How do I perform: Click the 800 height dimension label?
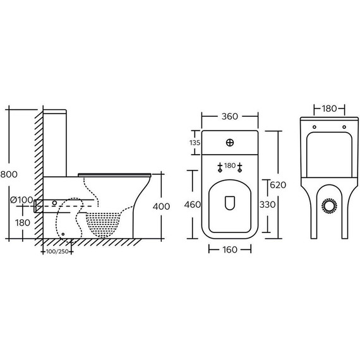click(x=9, y=174)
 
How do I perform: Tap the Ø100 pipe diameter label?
click(x=21, y=200)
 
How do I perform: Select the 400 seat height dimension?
click(x=162, y=207)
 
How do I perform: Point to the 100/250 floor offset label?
click(x=57, y=251)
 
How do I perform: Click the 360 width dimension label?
click(x=230, y=116)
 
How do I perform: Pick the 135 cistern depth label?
click(x=195, y=143)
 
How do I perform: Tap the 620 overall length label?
click(x=278, y=185)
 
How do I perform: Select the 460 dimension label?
click(x=193, y=205)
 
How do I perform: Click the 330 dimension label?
click(x=268, y=205)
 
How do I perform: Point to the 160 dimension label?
click(x=230, y=249)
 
